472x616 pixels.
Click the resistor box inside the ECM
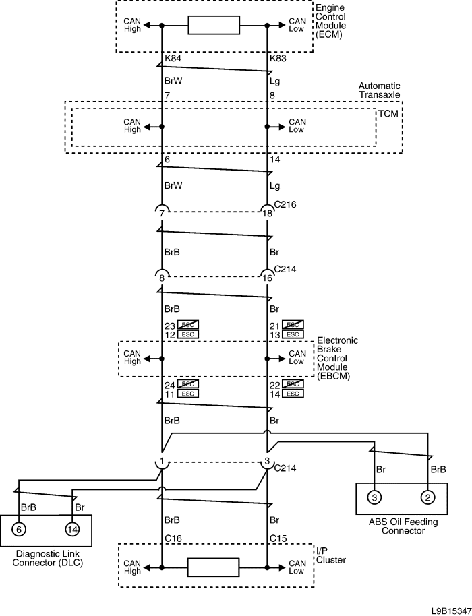click(x=214, y=25)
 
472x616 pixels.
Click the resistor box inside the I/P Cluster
click(x=213, y=567)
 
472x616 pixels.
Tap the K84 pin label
click(x=173, y=59)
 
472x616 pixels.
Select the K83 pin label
click(x=278, y=59)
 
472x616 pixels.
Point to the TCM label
click(x=388, y=113)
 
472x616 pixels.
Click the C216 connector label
click(x=285, y=204)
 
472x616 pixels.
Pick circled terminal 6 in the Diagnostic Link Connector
click(x=19, y=529)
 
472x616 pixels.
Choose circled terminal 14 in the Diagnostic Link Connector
click(x=72, y=529)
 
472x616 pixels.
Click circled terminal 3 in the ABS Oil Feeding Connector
click(x=374, y=497)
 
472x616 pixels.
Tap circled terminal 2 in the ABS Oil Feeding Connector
click(x=427, y=497)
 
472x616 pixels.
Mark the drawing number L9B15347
click(x=450, y=611)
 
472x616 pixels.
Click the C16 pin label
click(x=173, y=538)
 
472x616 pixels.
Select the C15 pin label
click(x=278, y=538)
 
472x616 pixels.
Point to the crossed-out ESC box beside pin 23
click(x=188, y=325)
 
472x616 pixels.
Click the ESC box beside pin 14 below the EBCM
click(x=293, y=394)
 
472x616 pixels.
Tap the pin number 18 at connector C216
click(x=267, y=214)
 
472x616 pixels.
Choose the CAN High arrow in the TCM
click(x=152, y=127)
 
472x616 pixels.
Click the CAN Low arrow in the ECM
click(x=276, y=25)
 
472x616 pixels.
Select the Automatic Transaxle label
click(x=379, y=90)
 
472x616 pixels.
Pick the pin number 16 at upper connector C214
click(x=267, y=278)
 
